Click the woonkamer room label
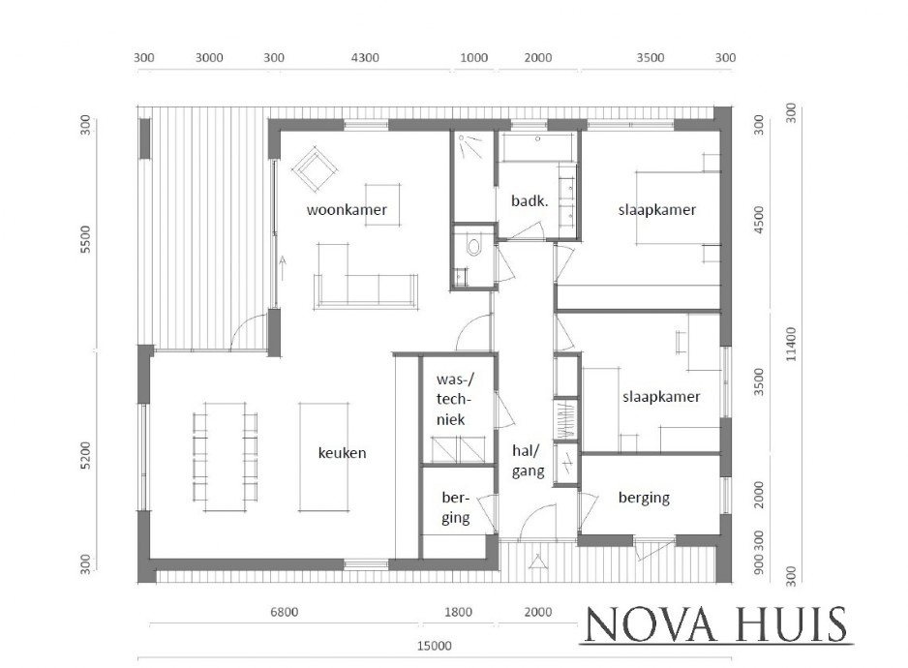click(348, 210)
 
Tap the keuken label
click(343, 452)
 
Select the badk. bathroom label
click(530, 200)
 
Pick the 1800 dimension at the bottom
click(458, 612)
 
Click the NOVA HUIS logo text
click(715, 624)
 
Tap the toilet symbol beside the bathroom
click(473, 246)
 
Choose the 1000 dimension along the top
click(474, 58)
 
